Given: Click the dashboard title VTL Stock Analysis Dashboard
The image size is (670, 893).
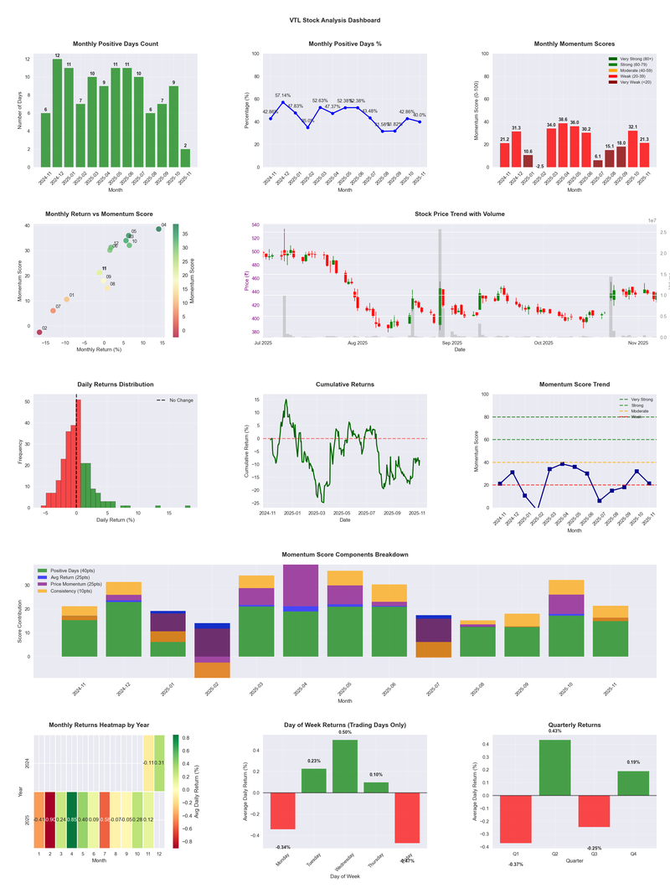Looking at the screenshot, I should point(334,20).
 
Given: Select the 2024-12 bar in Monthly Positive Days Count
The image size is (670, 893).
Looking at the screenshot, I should point(57,113).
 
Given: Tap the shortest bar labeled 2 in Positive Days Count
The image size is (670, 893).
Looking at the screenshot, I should point(185,158).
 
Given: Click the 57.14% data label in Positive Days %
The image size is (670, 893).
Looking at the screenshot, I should point(283,95).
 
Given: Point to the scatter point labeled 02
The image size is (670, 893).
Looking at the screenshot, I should point(39,333).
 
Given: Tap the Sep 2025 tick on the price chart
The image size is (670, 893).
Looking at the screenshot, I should point(451,343).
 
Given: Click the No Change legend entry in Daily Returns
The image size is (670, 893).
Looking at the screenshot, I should point(178,400).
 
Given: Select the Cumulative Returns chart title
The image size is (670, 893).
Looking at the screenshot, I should point(344,385).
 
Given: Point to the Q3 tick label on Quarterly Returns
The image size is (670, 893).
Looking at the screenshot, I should point(594,852).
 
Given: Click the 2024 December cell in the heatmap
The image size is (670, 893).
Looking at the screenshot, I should point(159,763).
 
